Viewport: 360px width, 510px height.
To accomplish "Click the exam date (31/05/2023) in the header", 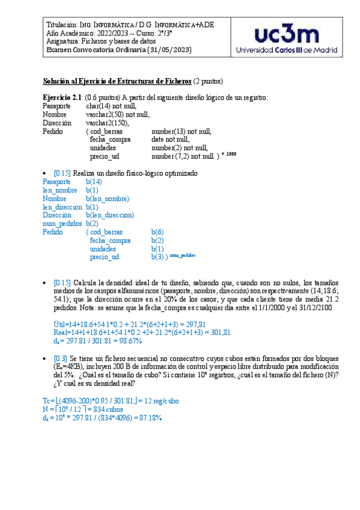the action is coord(170,50).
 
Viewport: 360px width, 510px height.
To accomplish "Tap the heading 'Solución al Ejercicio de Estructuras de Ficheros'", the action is coord(117,81).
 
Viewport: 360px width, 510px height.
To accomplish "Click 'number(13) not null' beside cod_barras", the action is coord(181,131).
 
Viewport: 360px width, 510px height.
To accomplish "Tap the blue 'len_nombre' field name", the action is coord(60,189).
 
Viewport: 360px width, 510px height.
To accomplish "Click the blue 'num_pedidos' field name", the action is coord(62,223).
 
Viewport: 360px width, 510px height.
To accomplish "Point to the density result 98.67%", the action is coord(128,341).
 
